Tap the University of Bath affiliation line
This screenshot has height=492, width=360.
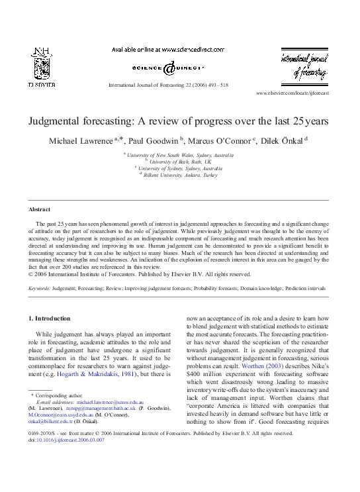tap(181, 161)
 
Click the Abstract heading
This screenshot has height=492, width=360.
tap(41, 209)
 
